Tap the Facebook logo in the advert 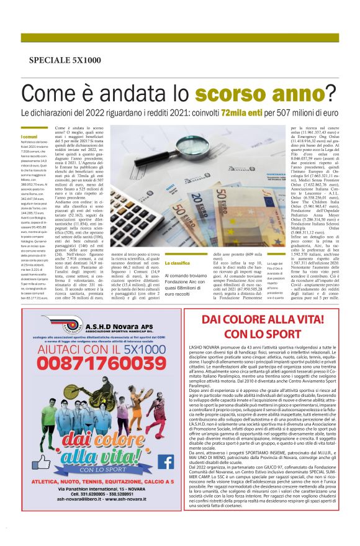(165, 461)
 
